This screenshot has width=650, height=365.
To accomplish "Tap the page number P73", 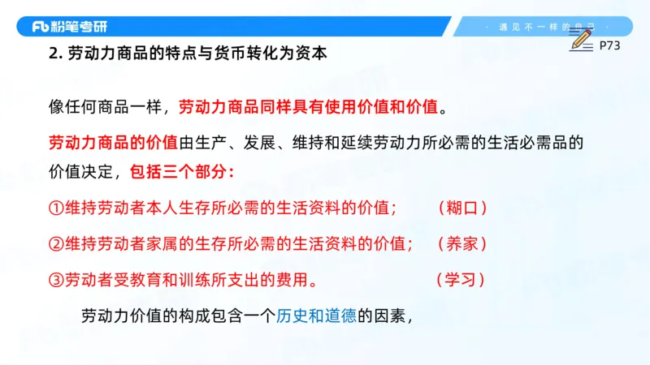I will (x=609, y=46).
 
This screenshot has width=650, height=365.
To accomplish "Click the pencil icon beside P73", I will (x=581, y=37).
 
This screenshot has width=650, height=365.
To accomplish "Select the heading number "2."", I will (x=55, y=56).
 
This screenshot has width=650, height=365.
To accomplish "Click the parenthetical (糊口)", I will (x=461, y=208).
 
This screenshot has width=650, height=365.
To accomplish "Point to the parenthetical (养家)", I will (x=461, y=244).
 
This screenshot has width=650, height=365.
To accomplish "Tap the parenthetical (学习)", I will (x=461, y=280).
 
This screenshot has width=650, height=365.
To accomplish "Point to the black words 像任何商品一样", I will (x=106, y=107).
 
